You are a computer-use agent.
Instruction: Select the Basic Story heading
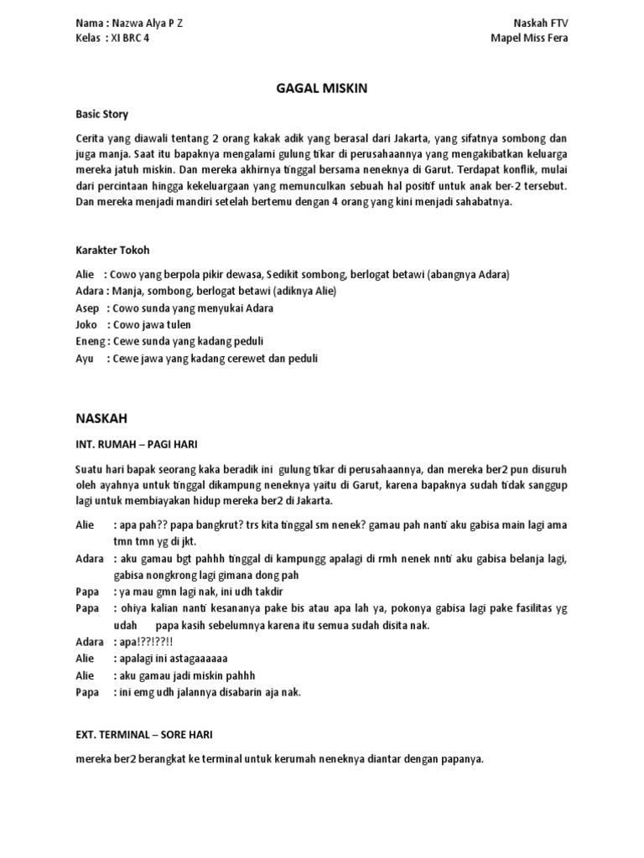pyautogui.click(x=101, y=114)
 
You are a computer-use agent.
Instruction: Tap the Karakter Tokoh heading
pyautogui.click(x=112, y=250)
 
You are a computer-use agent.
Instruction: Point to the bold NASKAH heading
pyautogui.click(x=101, y=416)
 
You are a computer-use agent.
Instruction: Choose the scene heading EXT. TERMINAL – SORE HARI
pyautogui.click(x=144, y=735)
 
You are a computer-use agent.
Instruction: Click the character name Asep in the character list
pyautogui.click(x=86, y=308)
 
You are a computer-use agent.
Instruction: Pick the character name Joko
pyautogui.click(x=86, y=324)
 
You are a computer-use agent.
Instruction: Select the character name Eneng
pyautogui.click(x=90, y=341)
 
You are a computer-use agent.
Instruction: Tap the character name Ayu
pyautogui.click(x=84, y=358)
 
